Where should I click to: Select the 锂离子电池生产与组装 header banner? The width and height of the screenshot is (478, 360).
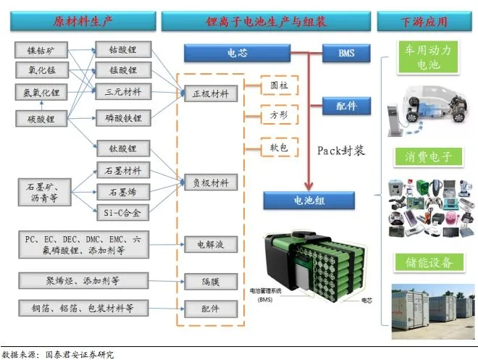pos(264,22)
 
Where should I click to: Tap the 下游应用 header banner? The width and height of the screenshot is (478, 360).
pos(424,22)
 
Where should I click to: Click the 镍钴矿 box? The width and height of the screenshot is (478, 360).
pos(41,50)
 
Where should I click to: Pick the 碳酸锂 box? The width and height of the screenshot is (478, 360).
pos(41,117)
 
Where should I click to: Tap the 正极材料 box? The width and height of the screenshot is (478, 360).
pos(209,93)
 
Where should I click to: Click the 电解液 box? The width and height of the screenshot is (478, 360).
pos(209,245)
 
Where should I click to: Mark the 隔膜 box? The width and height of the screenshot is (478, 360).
pos(209,280)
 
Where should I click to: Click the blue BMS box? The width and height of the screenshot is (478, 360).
pos(347,54)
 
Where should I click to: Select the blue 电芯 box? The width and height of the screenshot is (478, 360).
pos(236,54)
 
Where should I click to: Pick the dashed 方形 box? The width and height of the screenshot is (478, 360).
pos(279,114)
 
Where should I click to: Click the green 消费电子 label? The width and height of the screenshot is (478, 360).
pos(424,156)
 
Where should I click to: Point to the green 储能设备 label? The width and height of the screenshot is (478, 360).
pos(424,261)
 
